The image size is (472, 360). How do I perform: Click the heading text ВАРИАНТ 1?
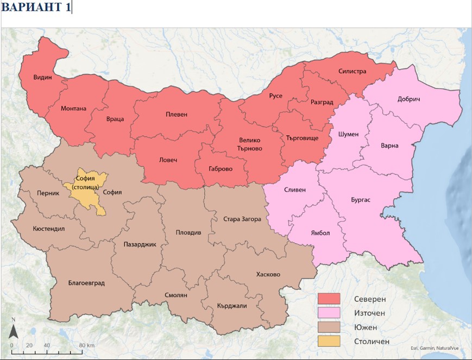point(35,8)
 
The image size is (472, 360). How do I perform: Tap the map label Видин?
point(42,77)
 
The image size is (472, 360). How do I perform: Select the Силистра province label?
point(352,71)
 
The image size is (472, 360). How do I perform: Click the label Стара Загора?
point(242,219)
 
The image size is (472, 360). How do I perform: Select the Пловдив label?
point(188,232)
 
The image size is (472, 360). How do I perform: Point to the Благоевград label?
point(86,283)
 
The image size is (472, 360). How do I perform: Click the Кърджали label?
point(232,306)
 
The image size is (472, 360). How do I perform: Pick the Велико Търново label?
point(250,144)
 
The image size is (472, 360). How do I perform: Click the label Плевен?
point(177,115)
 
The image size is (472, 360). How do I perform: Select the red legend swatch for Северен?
point(329,298)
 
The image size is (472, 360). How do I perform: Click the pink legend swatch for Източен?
point(329,312)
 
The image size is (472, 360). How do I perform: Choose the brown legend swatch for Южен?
point(329,326)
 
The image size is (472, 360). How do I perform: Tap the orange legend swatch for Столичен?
point(329,341)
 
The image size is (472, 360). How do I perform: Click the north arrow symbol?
point(14,329)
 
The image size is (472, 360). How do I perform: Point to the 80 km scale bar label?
point(87,345)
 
